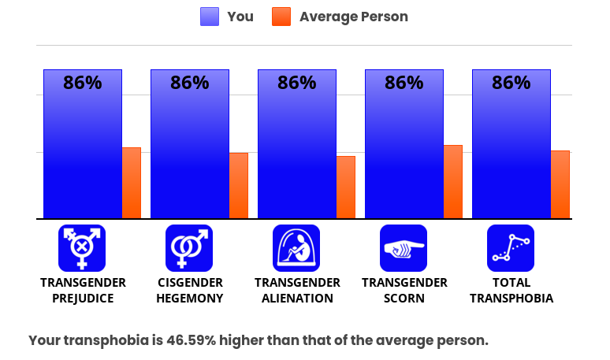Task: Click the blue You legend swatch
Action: pyautogui.click(x=210, y=17)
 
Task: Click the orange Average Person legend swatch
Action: pyautogui.click(x=281, y=17)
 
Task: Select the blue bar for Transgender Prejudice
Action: pyautogui.click(x=83, y=144)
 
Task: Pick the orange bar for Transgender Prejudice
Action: pyautogui.click(x=132, y=183)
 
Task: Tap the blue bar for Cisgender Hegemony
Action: pyautogui.click(x=190, y=144)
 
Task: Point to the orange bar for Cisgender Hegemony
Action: pyautogui.click(x=239, y=186)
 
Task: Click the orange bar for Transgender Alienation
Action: pyautogui.click(x=346, y=187)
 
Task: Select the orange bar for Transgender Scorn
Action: pyautogui.click(x=453, y=182)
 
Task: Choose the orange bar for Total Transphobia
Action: pyautogui.click(x=560, y=184)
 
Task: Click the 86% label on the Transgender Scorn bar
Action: pyautogui.click(x=404, y=83)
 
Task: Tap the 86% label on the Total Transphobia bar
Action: pyautogui.click(x=511, y=83)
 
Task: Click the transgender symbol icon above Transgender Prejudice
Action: pyautogui.click(x=82, y=248)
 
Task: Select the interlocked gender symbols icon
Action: pyautogui.click(x=189, y=248)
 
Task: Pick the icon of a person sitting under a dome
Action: pyautogui.click(x=296, y=248)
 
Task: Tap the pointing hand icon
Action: pyautogui.click(x=404, y=248)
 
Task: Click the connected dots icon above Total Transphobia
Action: pyautogui.click(x=511, y=248)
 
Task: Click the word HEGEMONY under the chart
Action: pyautogui.click(x=190, y=299)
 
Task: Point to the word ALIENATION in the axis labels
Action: pyautogui.click(x=297, y=299)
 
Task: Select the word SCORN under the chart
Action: pyautogui.click(x=404, y=299)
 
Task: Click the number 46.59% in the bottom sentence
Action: pyautogui.click(x=191, y=340)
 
